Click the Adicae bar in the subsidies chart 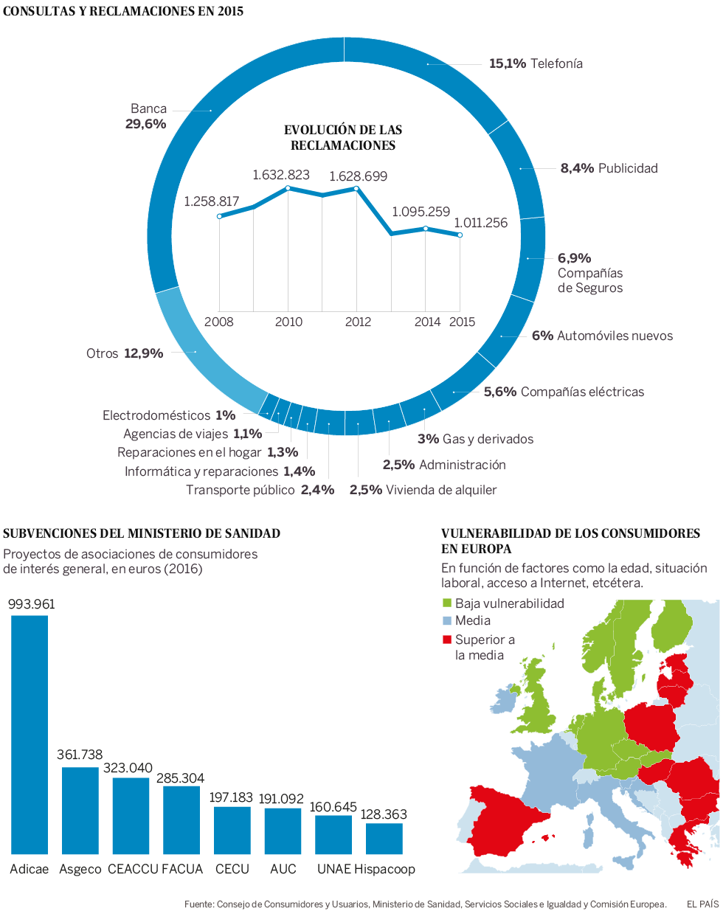coord(30,734)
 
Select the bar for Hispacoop coord(384,839)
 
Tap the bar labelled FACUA coord(181,820)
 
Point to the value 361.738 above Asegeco coord(80,755)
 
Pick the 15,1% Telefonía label coord(536,63)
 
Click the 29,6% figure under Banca coord(146,124)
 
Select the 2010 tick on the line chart coord(288,322)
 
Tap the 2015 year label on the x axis coord(463,322)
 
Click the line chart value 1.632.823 coord(281,175)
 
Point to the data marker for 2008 coord(220,216)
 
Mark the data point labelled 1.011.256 coord(460,235)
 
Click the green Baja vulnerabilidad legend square coord(446,603)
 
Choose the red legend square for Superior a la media coord(446,640)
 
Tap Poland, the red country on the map coord(652,727)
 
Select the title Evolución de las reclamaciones coord(343,138)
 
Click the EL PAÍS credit coord(702,904)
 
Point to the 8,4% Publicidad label coord(609,168)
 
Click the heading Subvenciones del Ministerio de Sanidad coord(142,533)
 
